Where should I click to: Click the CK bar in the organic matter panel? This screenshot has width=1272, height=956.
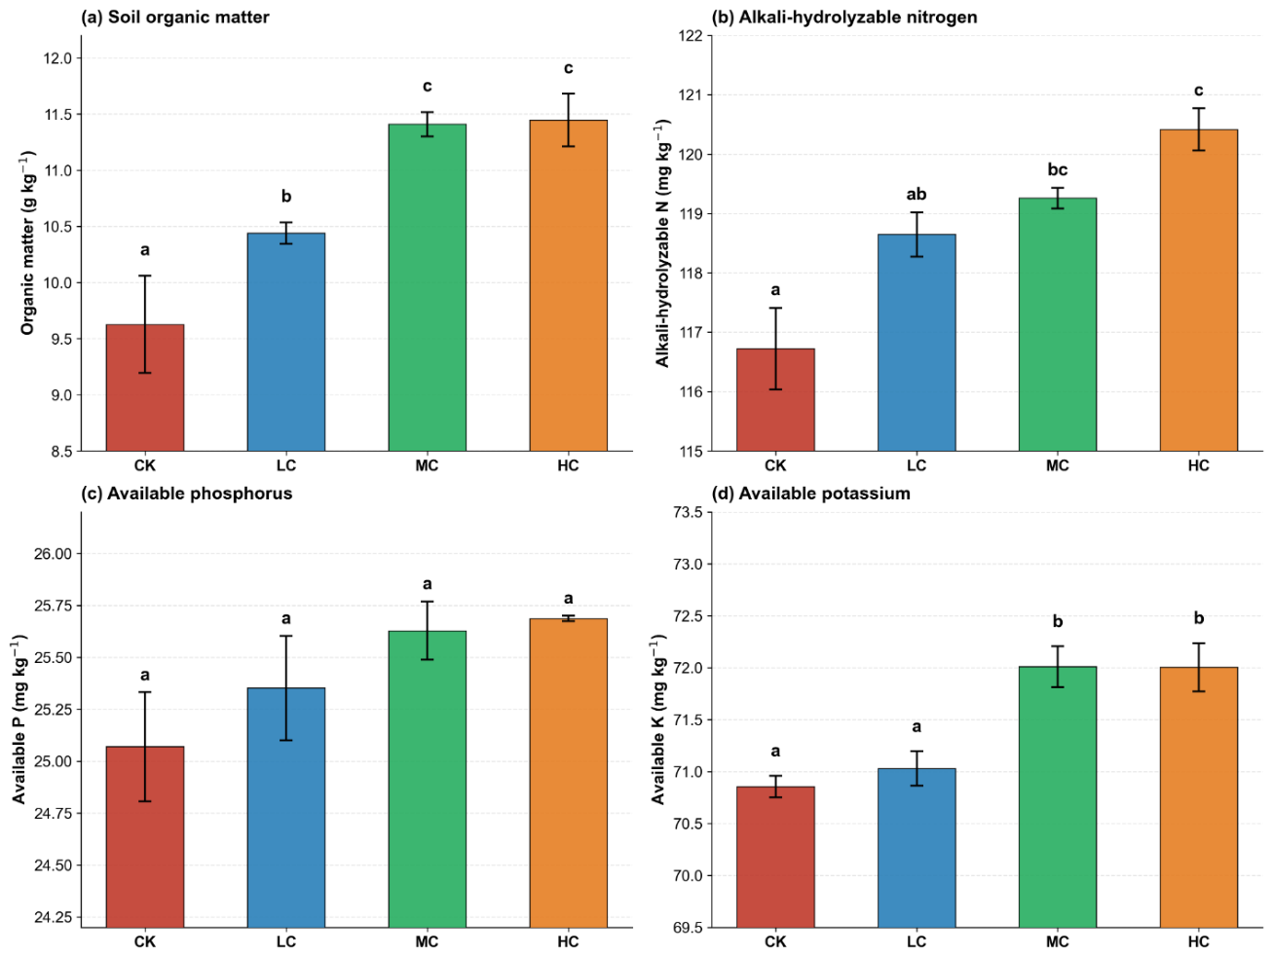145,387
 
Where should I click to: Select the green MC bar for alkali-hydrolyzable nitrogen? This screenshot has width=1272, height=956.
1057,324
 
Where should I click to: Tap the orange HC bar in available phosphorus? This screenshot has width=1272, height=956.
568,773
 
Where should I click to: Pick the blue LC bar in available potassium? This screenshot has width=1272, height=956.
917,848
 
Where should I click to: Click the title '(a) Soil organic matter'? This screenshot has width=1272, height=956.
175,18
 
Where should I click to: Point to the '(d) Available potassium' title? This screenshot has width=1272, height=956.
810,494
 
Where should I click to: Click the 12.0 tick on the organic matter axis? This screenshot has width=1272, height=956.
57,58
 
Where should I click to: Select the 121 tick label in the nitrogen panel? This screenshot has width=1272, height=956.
691,94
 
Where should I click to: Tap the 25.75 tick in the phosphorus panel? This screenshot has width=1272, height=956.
54,606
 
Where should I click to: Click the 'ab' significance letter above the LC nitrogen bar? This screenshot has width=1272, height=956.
917,194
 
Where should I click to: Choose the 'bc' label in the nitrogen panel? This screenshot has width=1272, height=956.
1057,169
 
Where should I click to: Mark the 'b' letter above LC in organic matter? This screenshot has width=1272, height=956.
286,197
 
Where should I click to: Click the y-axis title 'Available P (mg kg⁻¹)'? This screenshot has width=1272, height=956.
19,719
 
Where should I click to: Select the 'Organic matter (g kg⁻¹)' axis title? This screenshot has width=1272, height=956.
28,242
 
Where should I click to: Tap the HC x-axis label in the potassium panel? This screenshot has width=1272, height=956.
1198,942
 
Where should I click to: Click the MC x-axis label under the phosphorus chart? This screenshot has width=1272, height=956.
428,942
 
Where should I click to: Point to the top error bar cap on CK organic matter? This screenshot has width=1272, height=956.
145,276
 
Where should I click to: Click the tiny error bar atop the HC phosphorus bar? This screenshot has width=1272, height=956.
568,618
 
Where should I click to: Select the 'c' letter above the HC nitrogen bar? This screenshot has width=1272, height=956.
1198,91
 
